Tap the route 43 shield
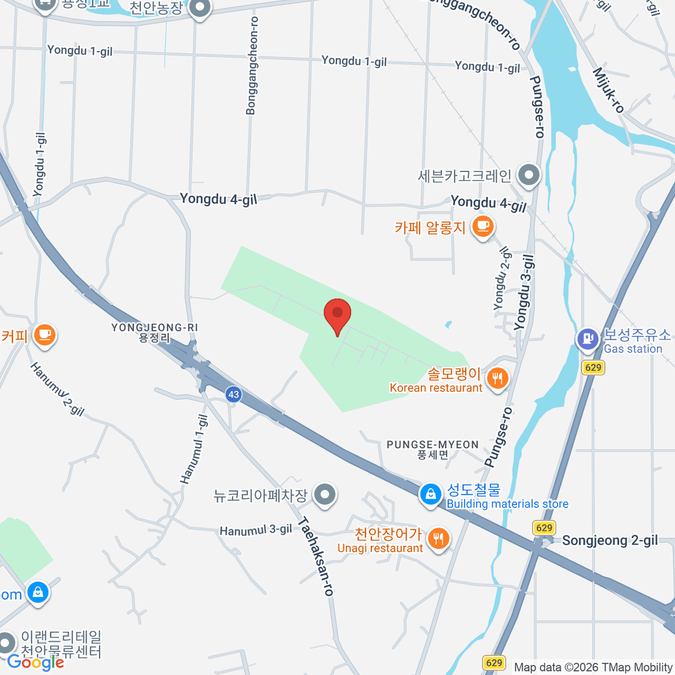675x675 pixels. coord(233,394)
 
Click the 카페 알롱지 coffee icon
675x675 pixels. coord(482,227)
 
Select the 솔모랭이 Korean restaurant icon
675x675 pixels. coord(497,378)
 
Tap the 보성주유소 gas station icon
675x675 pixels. coord(588,339)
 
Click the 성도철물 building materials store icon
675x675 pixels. coord(430,494)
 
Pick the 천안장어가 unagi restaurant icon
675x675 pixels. coord(438,539)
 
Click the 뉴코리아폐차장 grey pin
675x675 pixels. coord(325,494)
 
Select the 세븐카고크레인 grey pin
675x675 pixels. coord(529,175)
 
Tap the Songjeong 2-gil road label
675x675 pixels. coord(610,541)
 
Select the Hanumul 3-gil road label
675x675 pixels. coord(256,530)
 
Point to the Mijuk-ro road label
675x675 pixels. coord(608,90)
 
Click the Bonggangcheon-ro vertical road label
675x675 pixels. coord(251,65)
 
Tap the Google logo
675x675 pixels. coord(35,663)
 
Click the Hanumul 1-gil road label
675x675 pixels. coord(194,449)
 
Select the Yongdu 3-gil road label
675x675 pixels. coord(523,292)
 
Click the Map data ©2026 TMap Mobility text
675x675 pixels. coord(593,667)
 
